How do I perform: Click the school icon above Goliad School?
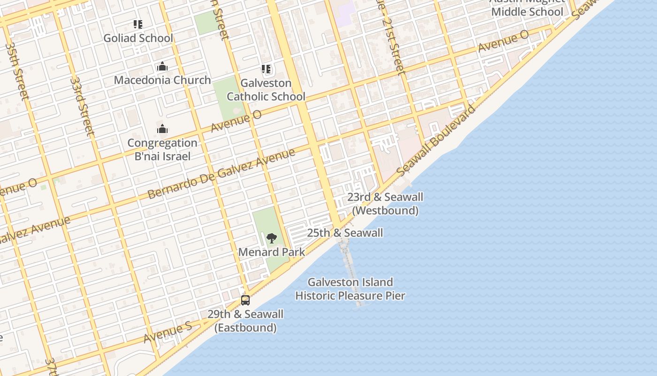tap(138, 24)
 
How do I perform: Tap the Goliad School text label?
tap(138, 38)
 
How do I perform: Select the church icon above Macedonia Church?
tap(162, 66)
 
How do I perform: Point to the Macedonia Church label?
tap(162, 80)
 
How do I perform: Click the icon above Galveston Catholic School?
tap(266, 70)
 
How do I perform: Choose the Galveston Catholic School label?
tap(266, 90)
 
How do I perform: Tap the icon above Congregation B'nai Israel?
tap(162, 129)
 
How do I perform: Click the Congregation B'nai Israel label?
tap(162, 149)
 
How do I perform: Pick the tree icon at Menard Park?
tap(271, 238)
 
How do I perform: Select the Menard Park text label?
tap(271, 252)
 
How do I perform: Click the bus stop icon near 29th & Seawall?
tap(245, 300)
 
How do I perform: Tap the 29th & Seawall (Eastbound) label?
tap(245, 321)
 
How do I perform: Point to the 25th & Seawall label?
tap(345, 233)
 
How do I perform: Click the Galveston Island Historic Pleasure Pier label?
tap(350, 289)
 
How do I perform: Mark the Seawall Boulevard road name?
tap(436, 141)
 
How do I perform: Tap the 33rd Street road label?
tap(82, 106)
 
